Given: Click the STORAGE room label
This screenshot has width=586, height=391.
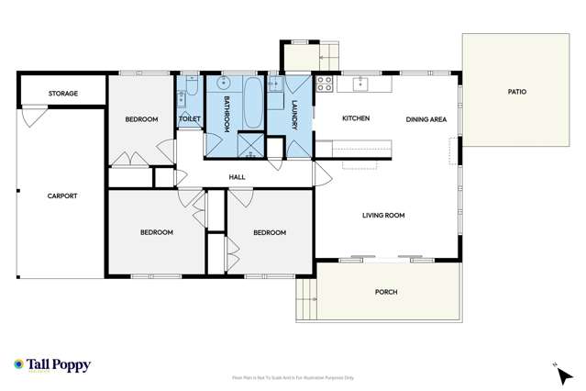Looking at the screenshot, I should tap(63, 94).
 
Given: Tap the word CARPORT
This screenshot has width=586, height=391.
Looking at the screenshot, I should tap(62, 195).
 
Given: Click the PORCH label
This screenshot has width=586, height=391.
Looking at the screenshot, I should tap(386, 292).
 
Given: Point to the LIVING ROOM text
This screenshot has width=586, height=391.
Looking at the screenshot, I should tap(383, 216).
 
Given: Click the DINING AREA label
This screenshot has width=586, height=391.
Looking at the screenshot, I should tap(426, 119).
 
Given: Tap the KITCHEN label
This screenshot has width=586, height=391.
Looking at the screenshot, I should tap(356, 119).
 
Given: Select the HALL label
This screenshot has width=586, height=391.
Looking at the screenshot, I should tap(238, 176).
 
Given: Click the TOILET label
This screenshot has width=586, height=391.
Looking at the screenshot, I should tap(190, 119).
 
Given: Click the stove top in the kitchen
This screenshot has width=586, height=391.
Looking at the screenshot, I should tap(324, 84).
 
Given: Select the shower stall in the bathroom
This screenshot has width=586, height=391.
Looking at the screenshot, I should tap(250, 144).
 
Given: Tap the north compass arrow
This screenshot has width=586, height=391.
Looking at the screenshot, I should tap(563, 371).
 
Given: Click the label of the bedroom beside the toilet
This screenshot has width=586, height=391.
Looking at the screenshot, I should tap(141, 119).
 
